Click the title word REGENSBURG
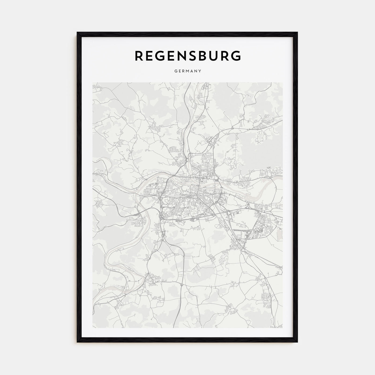click(x=187, y=55)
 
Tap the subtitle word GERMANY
click(x=187, y=71)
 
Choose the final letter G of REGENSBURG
click(x=235, y=55)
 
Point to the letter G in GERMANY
click(x=175, y=71)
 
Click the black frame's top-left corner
click(x=78, y=33)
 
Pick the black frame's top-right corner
click(x=297, y=33)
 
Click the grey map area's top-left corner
click(x=93, y=83)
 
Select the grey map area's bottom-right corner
click(x=282, y=328)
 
